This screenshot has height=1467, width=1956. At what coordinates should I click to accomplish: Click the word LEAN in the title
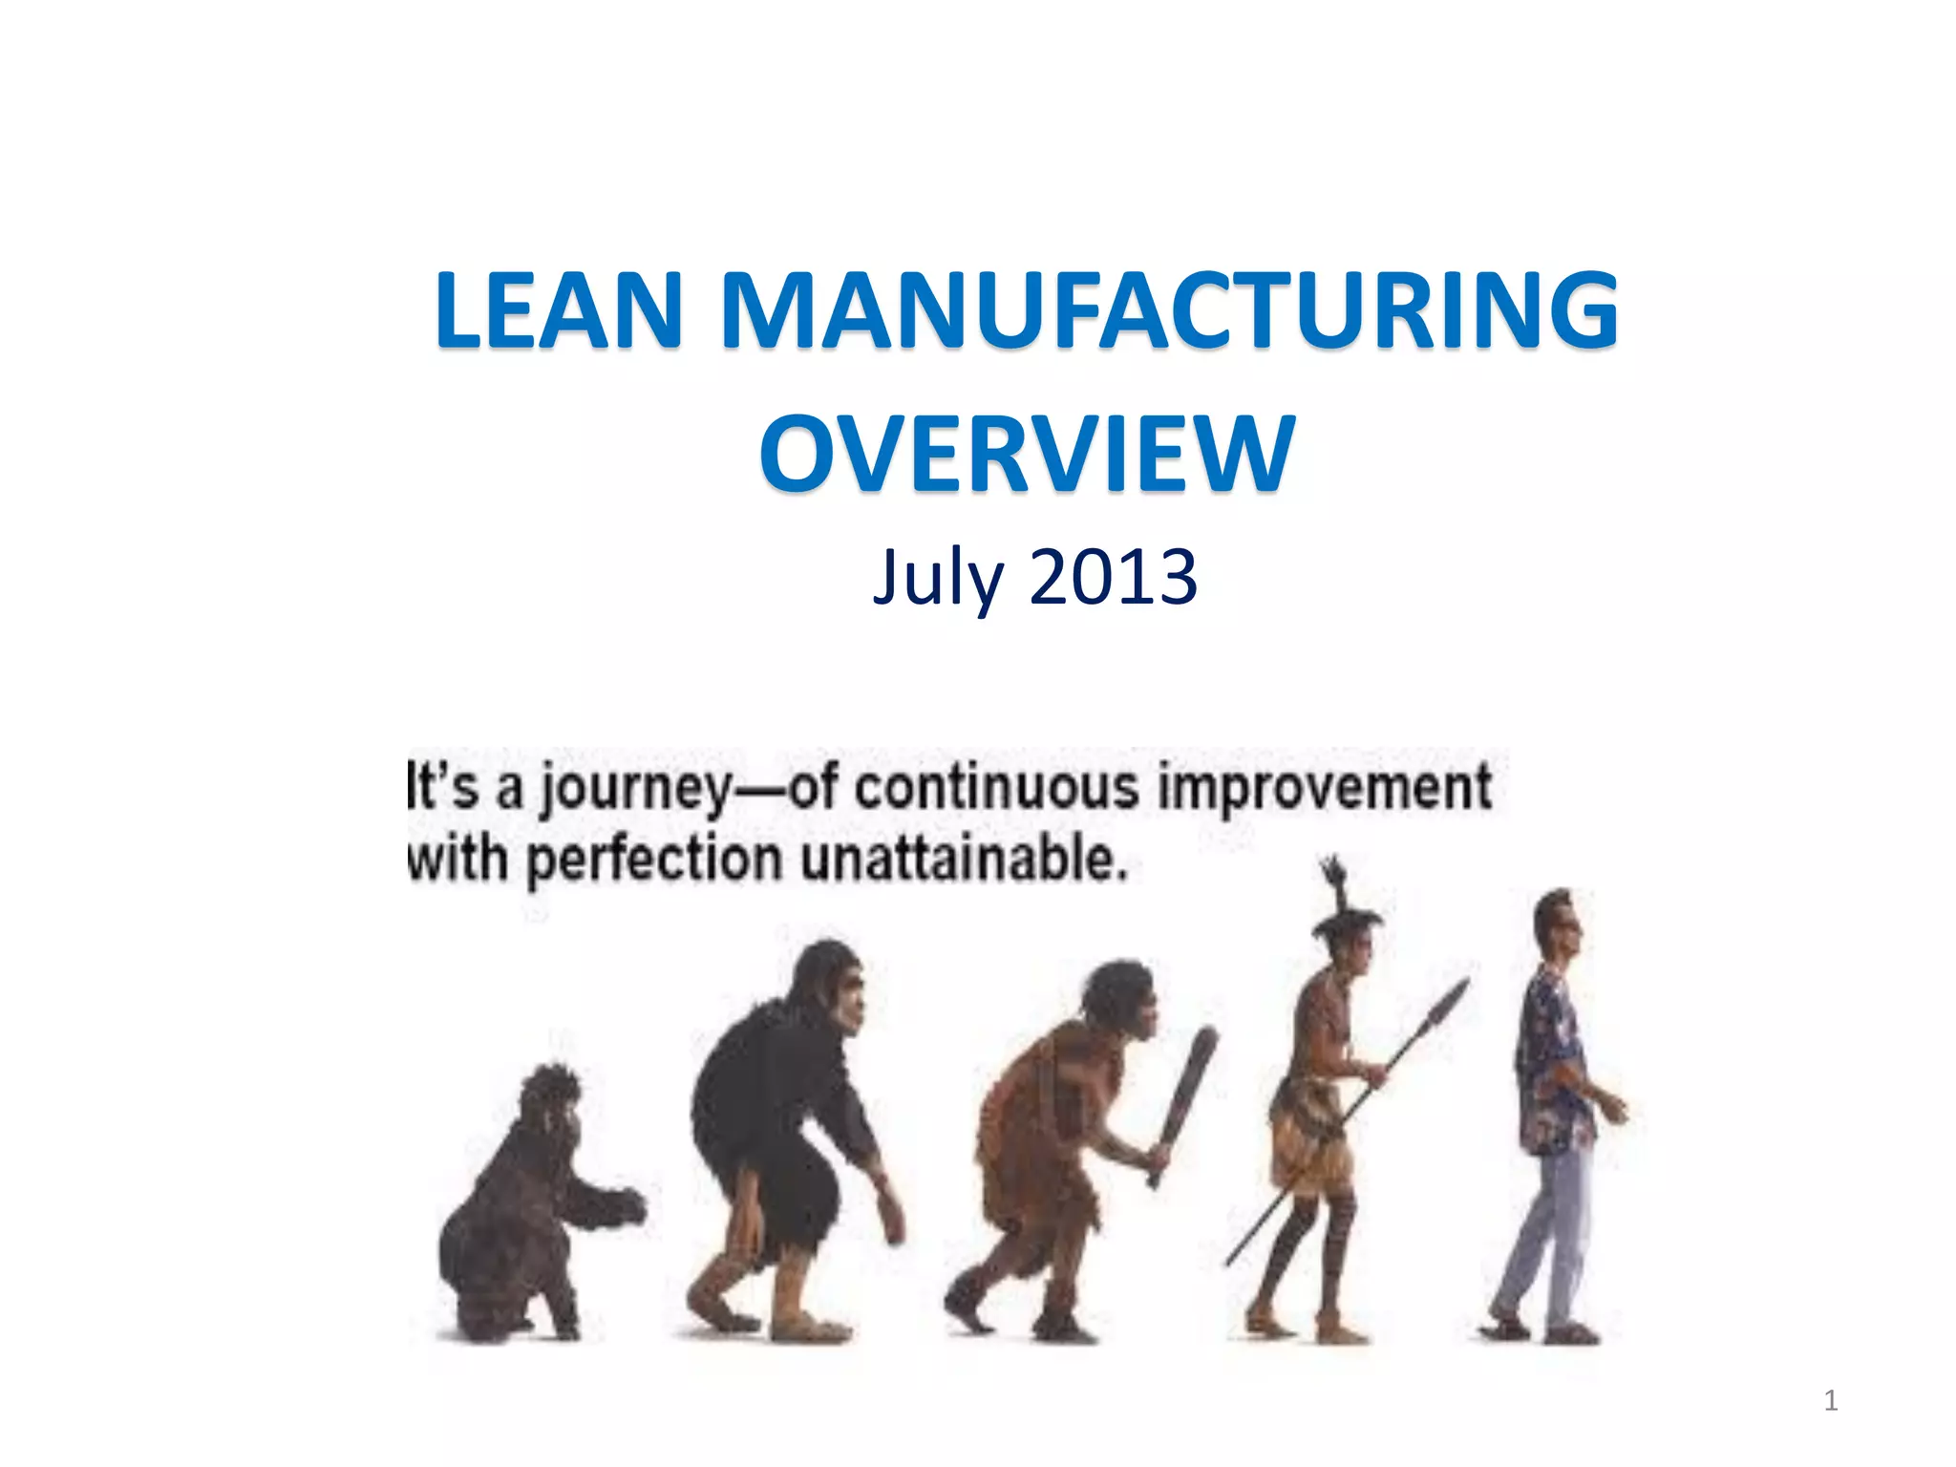click(559, 310)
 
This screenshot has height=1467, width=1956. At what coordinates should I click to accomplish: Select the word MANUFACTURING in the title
click(1169, 310)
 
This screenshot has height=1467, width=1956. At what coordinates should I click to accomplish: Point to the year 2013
click(1114, 578)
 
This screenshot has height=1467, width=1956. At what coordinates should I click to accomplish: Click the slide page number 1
click(1830, 1400)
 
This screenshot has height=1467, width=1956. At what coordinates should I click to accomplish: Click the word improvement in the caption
click(1324, 789)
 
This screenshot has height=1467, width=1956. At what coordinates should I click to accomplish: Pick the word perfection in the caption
click(654, 859)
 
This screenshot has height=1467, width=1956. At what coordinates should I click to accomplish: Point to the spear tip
click(1447, 1008)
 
